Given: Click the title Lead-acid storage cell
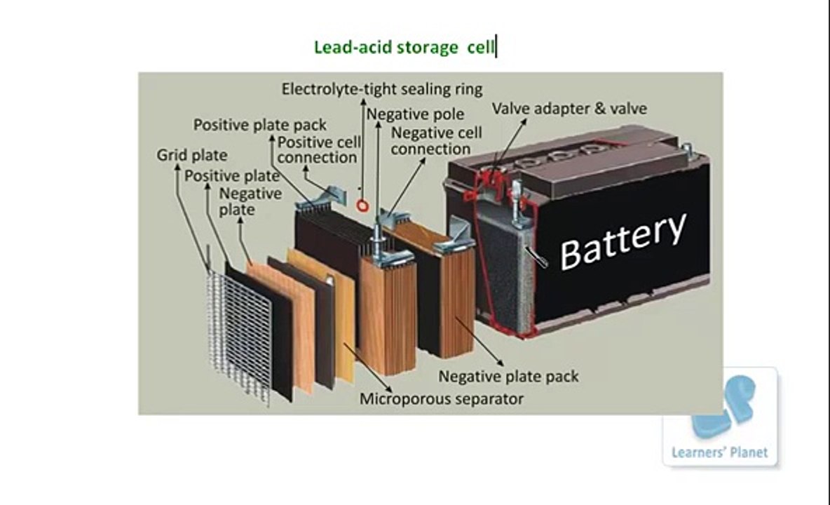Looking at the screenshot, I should (x=404, y=48).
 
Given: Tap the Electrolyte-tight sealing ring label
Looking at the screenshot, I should (x=382, y=89).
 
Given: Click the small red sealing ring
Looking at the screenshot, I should (x=362, y=206).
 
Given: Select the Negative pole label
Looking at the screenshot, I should (x=415, y=114).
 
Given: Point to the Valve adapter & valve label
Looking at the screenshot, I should (x=569, y=108).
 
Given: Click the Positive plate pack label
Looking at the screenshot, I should (x=260, y=125).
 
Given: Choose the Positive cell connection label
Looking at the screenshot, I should (x=318, y=149).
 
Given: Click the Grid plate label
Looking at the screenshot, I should (x=191, y=154).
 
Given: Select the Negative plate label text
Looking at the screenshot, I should (x=250, y=201).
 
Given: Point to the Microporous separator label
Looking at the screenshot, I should (x=442, y=399).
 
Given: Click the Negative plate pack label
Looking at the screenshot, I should (x=508, y=377).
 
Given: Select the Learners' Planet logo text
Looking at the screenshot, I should (x=719, y=452).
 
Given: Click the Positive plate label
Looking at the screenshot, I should (x=231, y=175).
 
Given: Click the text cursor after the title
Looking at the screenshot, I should (x=496, y=48).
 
